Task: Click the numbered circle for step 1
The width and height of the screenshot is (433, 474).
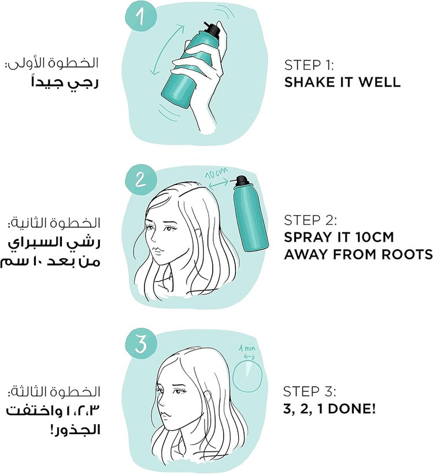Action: [140, 15]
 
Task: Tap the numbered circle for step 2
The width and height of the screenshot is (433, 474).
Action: [140, 180]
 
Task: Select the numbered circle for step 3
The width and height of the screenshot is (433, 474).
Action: [140, 345]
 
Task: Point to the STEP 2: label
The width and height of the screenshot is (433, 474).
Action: [310, 220]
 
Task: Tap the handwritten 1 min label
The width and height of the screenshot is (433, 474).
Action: [247, 348]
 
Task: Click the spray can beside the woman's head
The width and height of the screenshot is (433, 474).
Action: [250, 214]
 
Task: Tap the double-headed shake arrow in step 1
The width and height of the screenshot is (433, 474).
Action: [168, 50]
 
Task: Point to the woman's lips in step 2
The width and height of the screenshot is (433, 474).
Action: [157, 251]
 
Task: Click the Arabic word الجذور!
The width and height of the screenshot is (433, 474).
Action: [74, 431]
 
